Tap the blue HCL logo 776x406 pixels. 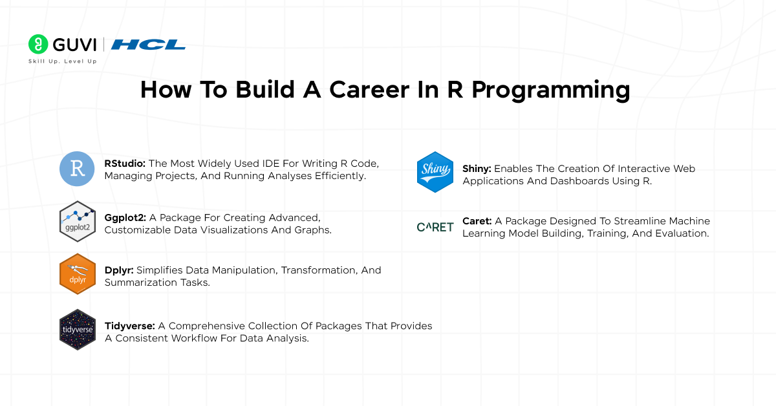click(148, 45)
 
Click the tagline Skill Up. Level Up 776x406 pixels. click(63, 61)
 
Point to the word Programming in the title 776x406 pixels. click(550, 91)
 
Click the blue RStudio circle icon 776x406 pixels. click(78, 169)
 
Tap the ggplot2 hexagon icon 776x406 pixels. click(78, 221)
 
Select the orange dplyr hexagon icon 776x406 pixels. click(78, 273)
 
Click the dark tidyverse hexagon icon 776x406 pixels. click(78, 329)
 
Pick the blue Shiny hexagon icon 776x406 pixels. click(435, 172)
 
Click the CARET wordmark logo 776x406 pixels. click(435, 227)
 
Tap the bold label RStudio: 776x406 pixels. click(125, 164)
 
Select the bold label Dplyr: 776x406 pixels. click(120, 270)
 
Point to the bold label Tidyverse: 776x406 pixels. click(129, 326)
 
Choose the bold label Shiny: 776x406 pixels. click(477, 169)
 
